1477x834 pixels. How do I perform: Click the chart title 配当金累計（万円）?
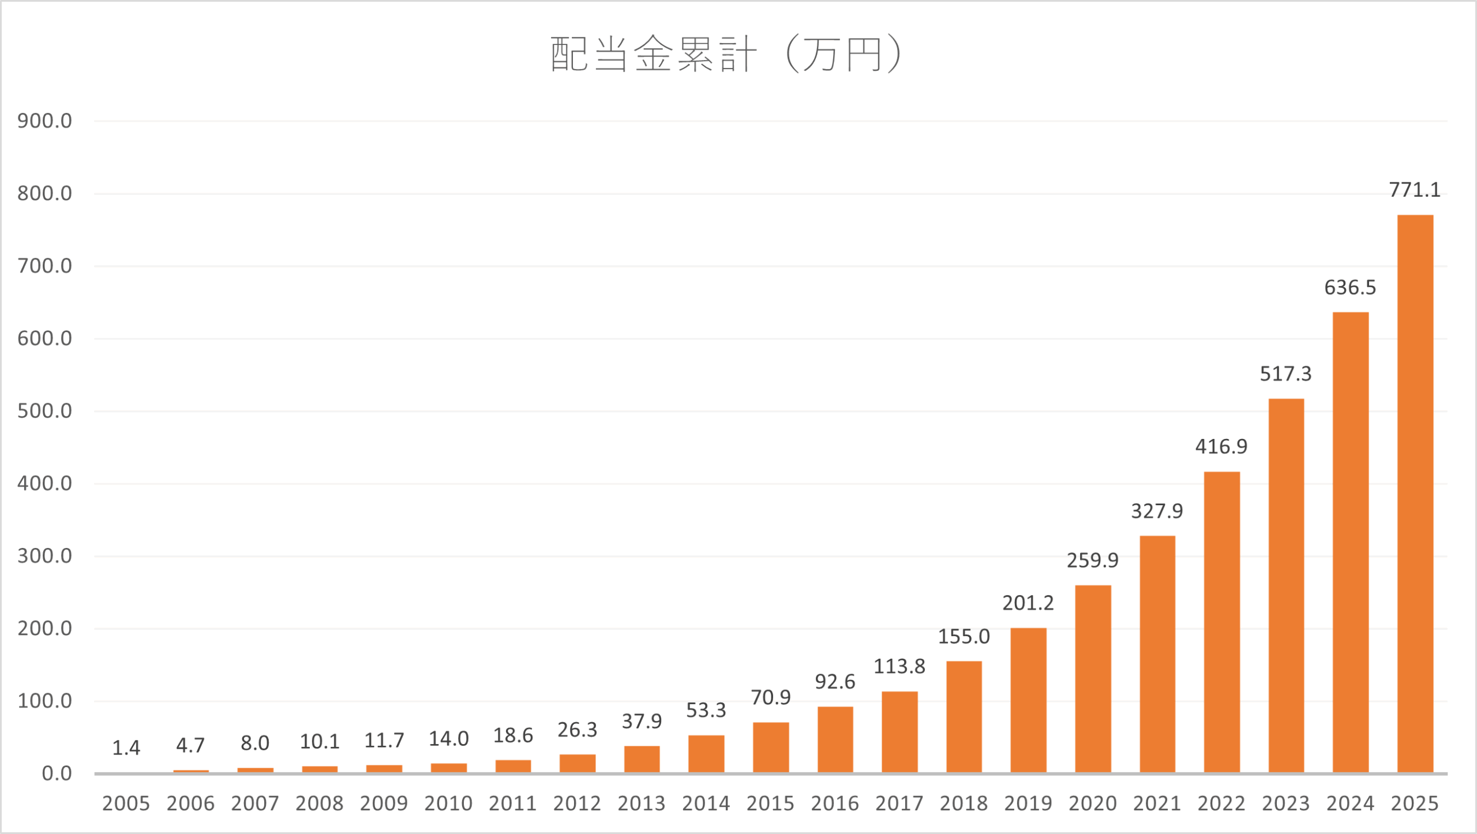726,54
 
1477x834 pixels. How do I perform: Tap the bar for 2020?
1093,679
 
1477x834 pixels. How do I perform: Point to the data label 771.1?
1415,190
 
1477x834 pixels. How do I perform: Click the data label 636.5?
1350,287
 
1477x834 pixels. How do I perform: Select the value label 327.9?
1157,511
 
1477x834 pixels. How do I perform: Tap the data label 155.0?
964,637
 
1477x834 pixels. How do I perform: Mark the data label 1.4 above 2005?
126,748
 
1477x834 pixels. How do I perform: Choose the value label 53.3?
706,711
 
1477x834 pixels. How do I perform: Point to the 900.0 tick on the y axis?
44,121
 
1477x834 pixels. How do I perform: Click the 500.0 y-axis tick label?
44,411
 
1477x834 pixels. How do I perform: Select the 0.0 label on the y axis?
57,773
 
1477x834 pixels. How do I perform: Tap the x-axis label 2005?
126,803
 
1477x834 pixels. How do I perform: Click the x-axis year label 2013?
642,803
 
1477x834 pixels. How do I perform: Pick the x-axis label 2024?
1350,803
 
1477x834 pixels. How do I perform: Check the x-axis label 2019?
1028,803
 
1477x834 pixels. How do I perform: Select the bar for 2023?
1286,585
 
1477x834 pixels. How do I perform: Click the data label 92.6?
835,682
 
